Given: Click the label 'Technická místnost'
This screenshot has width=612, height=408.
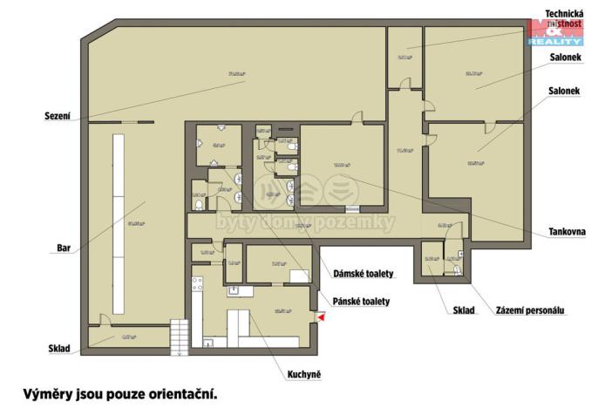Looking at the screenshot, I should tap(564, 19).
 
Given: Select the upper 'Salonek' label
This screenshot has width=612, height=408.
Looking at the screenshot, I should tap(566, 58).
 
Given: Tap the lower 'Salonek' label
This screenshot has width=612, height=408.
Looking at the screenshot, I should tap(566, 91).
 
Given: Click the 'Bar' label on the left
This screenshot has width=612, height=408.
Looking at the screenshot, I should tap(63, 248).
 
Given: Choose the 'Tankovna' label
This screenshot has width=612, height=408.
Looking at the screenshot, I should tap(567, 232).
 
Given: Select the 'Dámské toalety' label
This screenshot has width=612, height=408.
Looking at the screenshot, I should tap(364, 274).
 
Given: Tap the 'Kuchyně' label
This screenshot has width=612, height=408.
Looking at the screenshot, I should tap(304, 375).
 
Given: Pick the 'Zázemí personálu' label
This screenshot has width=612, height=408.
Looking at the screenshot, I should tap(530, 310).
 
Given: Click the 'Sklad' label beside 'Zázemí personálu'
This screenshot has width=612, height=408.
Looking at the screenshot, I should tap(464, 310).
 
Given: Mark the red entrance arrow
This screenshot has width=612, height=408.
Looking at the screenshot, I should tap(321, 319).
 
